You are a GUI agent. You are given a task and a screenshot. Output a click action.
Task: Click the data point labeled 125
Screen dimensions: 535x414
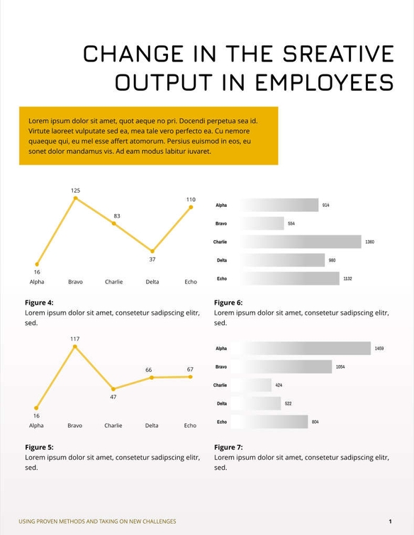pyautogui.click(x=75, y=198)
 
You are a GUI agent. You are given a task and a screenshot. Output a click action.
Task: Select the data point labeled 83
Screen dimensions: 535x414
pyautogui.click(x=114, y=224)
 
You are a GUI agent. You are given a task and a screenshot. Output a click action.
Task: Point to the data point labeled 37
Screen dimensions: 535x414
pyautogui.click(x=152, y=251)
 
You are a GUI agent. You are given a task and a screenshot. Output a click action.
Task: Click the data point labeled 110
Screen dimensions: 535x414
pyautogui.click(x=191, y=207)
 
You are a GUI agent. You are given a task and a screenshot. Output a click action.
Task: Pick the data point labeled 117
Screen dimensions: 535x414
pyautogui.click(x=75, y=347)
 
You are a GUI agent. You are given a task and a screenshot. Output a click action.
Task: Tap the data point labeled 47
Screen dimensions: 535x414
pyautogui.click(x=113, y=389)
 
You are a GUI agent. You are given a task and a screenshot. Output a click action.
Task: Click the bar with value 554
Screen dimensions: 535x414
pyautogui.click(x=262, y=223)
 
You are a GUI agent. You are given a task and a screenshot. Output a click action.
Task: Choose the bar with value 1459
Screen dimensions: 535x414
pyautogui.click(x=304, y=349)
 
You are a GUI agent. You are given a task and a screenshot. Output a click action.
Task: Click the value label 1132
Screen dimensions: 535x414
pyautogui.click(x=347, y=279)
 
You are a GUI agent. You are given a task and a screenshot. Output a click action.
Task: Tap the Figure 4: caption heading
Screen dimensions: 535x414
pyautogui.click(x=39, y=303)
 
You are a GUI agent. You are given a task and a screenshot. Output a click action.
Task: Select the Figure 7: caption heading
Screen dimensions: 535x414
pyautogui.click(x=228, y=447)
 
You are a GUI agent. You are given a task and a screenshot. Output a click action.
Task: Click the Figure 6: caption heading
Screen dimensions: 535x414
pyautogui.click(x=228, y=303)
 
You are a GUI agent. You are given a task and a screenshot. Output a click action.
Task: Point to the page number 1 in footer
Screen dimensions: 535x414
pyautogui.click(x=390, y=522)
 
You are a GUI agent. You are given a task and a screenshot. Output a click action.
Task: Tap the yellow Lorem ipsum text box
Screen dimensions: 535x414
pyautogui.click(x=148, y=136)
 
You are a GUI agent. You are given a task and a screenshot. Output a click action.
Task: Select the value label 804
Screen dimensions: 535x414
pyautogui.click(x=315, y=422)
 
